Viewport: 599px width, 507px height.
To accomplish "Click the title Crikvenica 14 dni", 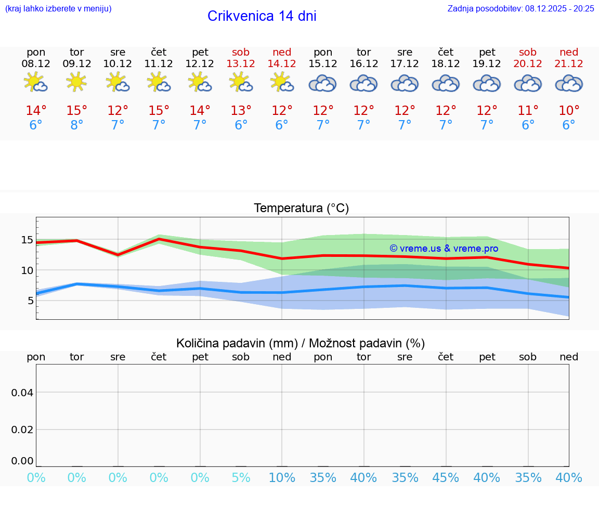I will point(262,16).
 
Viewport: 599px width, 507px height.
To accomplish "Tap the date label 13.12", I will point(241,63).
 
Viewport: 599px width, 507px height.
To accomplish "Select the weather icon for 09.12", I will point(77,82).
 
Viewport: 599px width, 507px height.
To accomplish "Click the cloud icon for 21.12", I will point(569,83).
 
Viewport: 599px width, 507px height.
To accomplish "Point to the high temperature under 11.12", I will point(159,110).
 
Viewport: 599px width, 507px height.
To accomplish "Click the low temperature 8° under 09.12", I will point(77,125).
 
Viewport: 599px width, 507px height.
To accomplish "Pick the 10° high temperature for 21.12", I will point(569,110).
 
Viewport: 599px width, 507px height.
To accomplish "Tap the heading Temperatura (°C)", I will point(301,208).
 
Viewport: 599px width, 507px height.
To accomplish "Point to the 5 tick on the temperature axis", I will point(30,300).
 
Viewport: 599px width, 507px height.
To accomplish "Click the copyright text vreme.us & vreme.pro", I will point(444,249).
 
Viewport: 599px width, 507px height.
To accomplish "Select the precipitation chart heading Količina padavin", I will point(301,343).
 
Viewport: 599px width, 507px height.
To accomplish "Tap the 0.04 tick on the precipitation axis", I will point(22,392).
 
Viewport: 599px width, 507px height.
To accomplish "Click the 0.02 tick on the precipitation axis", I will point(22,429).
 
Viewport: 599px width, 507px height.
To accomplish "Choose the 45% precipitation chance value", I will point(446,477).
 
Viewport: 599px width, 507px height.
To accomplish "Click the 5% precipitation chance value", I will point(241,477).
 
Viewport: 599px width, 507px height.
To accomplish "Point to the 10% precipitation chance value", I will point(282,477).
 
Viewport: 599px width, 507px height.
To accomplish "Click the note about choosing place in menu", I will point(58,8).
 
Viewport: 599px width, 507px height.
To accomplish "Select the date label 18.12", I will point(446,63).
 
